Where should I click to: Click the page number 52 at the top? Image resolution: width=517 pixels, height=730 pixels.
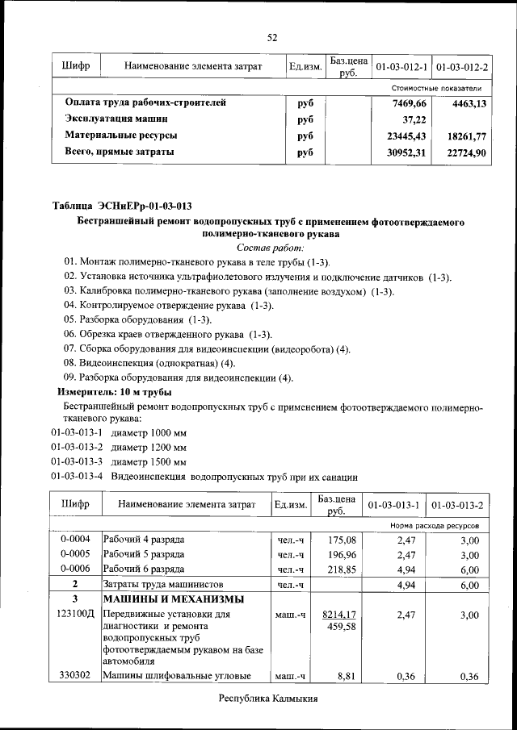click(272, 37)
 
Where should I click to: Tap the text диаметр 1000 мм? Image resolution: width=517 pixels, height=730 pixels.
click(149, 432)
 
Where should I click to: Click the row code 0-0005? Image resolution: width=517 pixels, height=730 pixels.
click(75, 554)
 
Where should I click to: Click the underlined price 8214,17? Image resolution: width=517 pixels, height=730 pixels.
click(341, 615)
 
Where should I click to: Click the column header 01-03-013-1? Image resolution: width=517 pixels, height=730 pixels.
click(393, 505)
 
